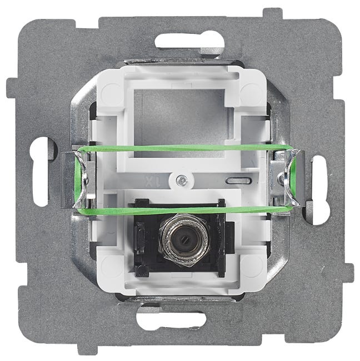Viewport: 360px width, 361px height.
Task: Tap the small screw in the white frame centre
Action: pos(181,180)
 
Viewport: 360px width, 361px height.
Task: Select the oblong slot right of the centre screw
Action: pos(238,180)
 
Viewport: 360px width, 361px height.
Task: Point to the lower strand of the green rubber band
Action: pos(184,210)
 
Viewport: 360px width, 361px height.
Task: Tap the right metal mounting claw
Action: pos(287,178)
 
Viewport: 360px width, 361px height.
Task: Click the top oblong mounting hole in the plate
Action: pos(189,41)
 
